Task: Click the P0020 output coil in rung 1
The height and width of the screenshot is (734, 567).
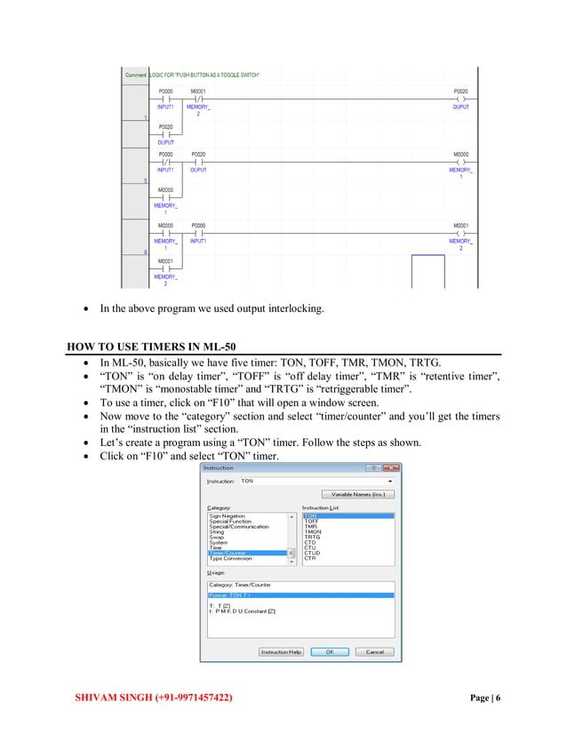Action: point(460,98)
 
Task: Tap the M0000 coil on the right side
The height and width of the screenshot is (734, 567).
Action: point(460,161)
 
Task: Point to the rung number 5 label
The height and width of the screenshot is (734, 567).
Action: point(132,181)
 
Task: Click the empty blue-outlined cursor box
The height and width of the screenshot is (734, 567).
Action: point(427,271)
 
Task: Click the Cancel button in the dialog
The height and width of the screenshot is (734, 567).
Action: point(374,651)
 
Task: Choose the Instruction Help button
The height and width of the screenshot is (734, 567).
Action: point(282,651)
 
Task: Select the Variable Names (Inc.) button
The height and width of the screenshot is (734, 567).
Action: point(357,494)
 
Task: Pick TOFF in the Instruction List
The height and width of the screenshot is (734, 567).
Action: point(311,522)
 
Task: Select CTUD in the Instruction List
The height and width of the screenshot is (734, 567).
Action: point(312,552)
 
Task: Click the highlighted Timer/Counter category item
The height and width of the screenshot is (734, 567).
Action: point(229,553)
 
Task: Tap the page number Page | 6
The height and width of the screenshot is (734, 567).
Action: point(484,698)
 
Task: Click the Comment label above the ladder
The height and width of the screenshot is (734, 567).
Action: point(135,75)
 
